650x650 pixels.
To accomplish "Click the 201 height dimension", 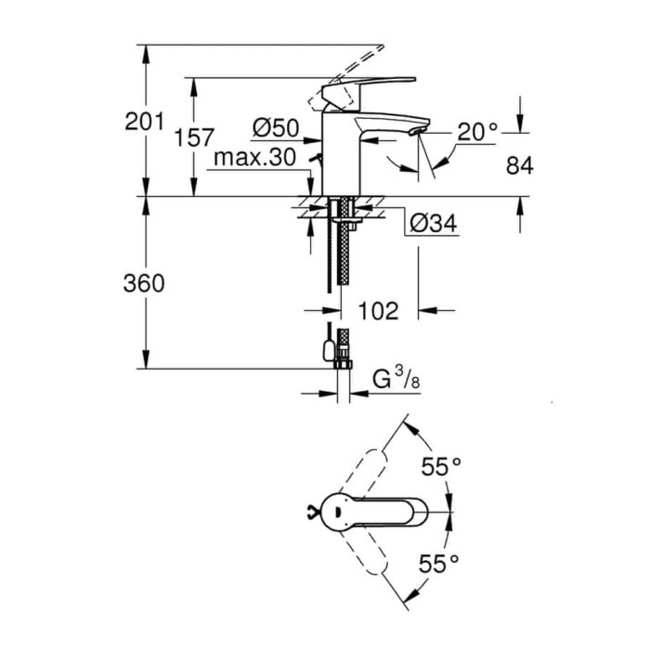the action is (145, 122).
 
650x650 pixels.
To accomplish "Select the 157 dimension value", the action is (194, 137).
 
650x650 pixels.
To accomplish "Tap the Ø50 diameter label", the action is (276, 128).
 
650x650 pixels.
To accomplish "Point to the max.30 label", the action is (254, 157).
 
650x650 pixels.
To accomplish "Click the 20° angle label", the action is (477, 132).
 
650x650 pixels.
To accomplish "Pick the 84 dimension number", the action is (520, 166).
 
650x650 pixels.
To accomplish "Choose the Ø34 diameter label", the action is (434, 224).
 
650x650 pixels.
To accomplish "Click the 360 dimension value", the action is (144, 283).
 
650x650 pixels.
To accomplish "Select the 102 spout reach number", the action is (378, 311).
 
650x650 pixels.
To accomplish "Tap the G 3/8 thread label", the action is (396, 379).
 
